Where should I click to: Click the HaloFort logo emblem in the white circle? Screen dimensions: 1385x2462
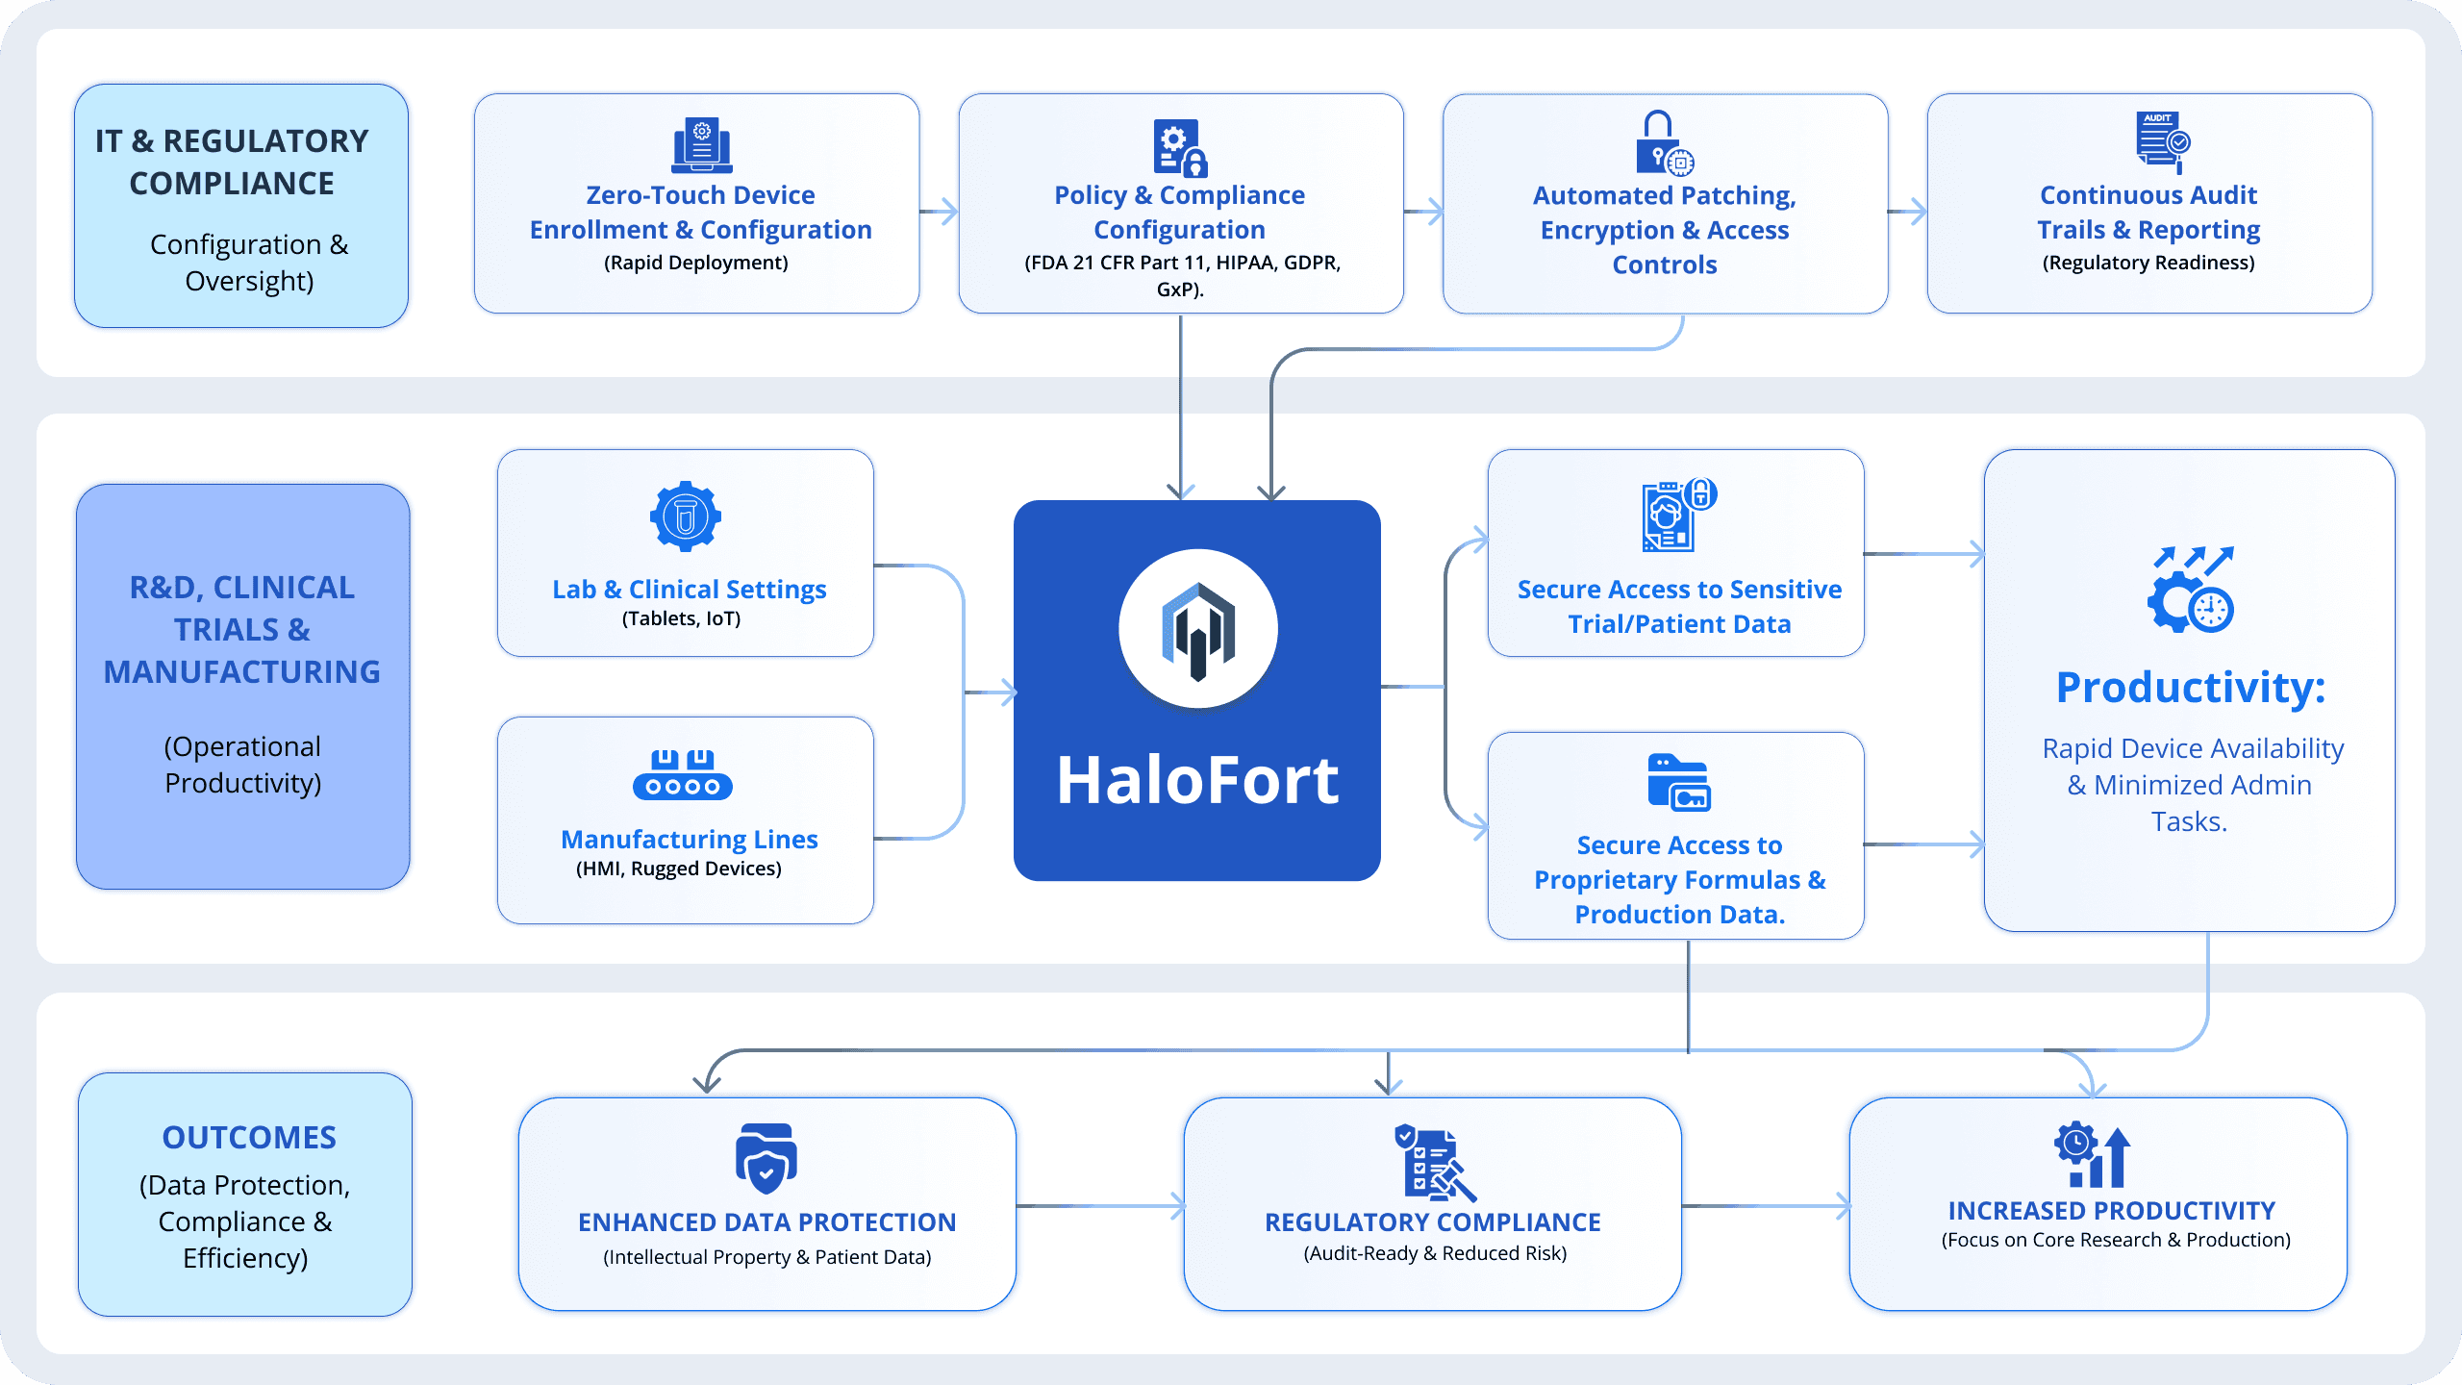(x=1197, y=631)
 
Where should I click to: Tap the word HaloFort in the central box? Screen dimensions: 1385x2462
(x=1197, y=780)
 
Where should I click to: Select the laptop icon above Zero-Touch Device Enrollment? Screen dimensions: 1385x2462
(x=701, y=145)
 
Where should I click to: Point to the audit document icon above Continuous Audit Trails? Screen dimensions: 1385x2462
(x=2162, y=142)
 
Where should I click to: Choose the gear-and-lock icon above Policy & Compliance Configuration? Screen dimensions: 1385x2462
(x=1179, y=148)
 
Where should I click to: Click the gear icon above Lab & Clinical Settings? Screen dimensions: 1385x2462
(x=686, y=516)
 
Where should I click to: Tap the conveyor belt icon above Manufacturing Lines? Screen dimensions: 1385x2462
(x=683, y=775)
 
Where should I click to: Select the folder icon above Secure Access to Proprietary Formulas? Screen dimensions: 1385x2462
(x=1679, y=783)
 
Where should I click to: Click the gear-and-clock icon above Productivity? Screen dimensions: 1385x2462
(x=2191, y=591)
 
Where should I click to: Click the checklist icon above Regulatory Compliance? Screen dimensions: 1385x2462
(x=1434, y=1163)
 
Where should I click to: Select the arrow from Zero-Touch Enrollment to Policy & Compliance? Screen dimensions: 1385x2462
(x=939, y=212)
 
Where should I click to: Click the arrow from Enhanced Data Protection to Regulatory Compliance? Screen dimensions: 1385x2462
(x=1100, y=1206)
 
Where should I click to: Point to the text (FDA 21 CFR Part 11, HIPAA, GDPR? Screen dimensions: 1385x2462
(x=1182, y=263)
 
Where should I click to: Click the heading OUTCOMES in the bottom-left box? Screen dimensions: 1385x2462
(x=249, y=1137)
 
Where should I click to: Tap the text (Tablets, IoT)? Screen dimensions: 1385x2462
(x=681, y=618)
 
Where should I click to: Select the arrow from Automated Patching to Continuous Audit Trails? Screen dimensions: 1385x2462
(x=1907, y=212)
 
